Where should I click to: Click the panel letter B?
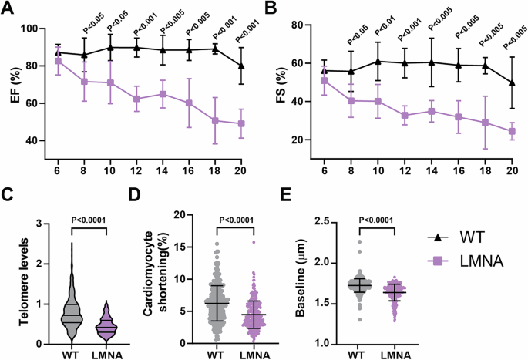(272, 9)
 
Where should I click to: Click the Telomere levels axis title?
(15, 283)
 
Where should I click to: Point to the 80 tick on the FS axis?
(295, 25)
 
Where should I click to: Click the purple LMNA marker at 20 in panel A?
(241, 123)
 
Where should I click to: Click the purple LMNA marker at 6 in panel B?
(324, 80)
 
